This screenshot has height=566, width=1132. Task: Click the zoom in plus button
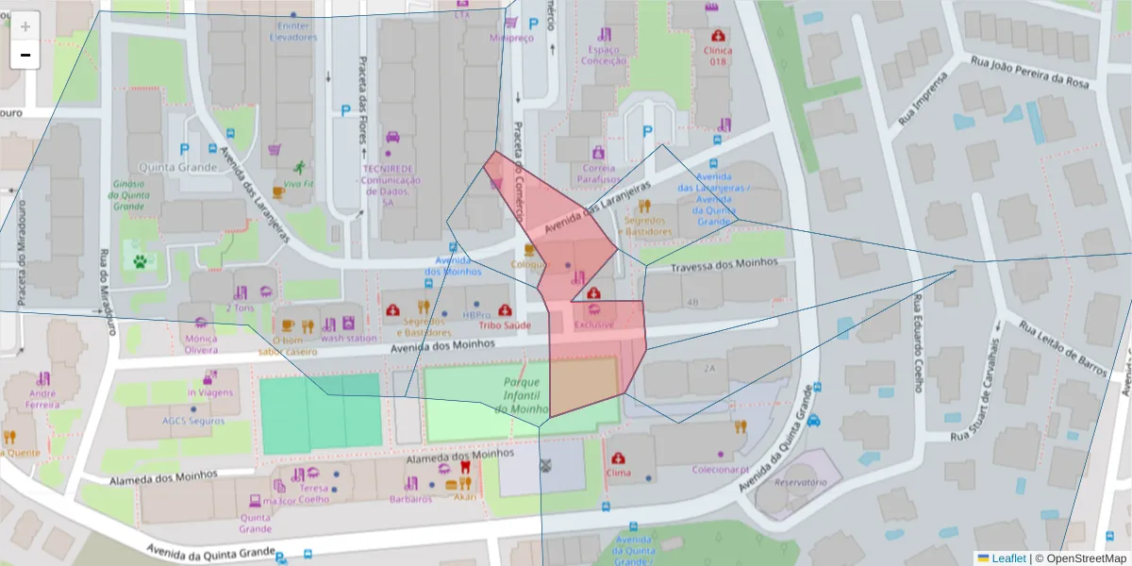[x=25, y=26]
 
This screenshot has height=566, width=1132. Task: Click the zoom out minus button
[x=25, y=55]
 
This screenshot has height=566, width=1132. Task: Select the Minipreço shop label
[x=511, y=39]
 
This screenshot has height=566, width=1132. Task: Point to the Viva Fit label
[x=298, y=184]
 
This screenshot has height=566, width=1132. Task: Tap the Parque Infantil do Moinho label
[x=522, y=395]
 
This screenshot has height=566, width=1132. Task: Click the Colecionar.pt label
[x=720, y=470]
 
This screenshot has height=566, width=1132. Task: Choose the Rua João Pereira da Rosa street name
[x=1029, y=74]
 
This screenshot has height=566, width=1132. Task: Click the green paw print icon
[x=140, y=259]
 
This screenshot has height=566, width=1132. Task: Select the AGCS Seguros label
[x=192, y=421]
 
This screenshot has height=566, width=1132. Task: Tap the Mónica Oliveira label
[x=201, y=343]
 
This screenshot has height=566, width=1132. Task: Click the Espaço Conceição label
[x=604, y=55]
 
